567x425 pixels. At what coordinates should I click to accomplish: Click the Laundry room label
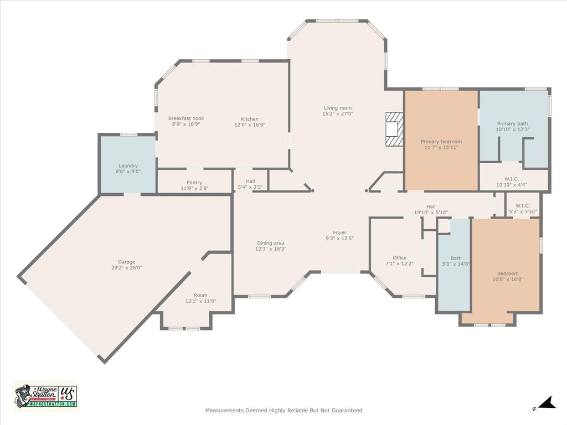[x=128, y=165]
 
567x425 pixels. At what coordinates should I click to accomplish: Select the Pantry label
[x=194, y=183]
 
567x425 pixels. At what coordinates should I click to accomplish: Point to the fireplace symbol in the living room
[x=394, y=129]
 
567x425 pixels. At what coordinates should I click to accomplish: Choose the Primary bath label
[x=513, y=123]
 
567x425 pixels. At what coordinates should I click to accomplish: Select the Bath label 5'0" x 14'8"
[x=456, y=258]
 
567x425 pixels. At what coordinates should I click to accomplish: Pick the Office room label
[x=399, y=258]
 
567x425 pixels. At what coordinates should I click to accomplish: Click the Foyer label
[x=339, y=232]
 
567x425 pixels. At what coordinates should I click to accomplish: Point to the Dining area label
[x=270, y=243]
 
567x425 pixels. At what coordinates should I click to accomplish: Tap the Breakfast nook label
[x=186, y=118]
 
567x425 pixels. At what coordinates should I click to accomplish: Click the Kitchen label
[x=250, y=119]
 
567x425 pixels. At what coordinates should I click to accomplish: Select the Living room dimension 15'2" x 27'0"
[x=338, y=114]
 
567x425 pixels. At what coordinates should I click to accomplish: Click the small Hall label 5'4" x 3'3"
[x=250, y=181]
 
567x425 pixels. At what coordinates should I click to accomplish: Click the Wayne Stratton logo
[x=45, y=396]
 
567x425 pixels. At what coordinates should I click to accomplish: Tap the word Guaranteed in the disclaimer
[x=346, y=411]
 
